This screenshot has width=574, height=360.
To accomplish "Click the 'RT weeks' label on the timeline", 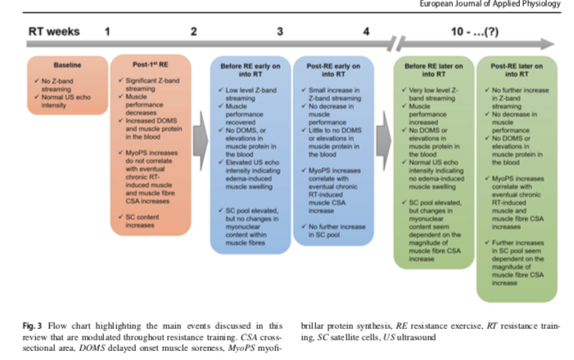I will pyautogui.click(x=54, y=32).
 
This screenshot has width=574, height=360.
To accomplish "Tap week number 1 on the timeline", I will pyautogui.click(x=107, y=32).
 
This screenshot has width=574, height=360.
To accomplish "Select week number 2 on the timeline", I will pyautogui.click(x=193, y=32).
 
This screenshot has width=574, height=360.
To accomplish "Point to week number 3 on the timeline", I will pyautogui.click(x=280, y=32).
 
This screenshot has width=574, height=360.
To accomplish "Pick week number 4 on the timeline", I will pyautogui.click(x=365, y=32).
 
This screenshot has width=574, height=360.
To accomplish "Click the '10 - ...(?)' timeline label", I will pyautogui.click(x=474, y=32).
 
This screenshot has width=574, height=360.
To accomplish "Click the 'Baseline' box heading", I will pyautogui.click(x=67, y=64).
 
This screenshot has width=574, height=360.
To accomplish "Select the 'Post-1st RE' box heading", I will pyautogui.click(x=152, y=64).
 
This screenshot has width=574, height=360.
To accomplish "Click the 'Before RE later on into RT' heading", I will pyautogui.click(x=434, y=69).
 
